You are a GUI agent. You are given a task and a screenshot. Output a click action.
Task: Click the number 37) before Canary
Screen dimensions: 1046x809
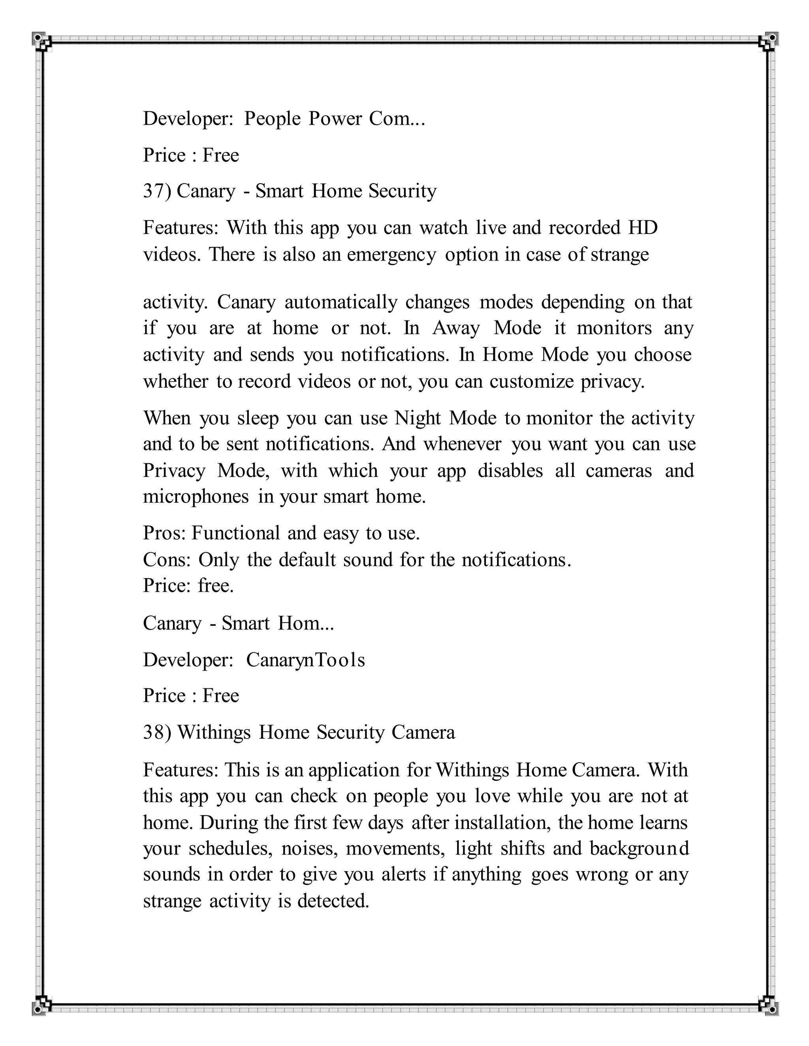tap(157, 191)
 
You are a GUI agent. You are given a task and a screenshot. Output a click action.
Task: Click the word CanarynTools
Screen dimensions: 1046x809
tap(305, 660)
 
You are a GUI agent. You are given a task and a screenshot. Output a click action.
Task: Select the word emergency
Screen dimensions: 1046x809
tap(391, 255)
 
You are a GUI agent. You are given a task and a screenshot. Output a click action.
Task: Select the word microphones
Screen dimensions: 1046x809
tap(196, 497)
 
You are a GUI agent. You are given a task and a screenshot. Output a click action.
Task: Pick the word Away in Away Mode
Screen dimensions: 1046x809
tap(456, 328)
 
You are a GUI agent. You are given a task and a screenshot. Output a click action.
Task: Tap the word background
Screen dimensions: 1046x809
tap(640, 848)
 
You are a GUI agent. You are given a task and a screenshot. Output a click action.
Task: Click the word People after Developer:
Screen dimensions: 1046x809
tap(272, 119)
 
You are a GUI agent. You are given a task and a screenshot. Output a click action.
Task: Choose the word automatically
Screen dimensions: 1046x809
tap(341, 302)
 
